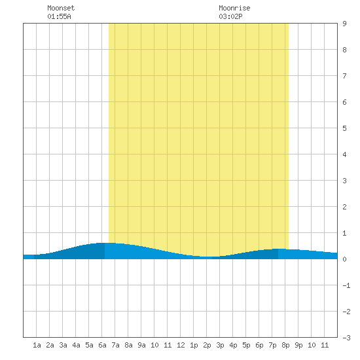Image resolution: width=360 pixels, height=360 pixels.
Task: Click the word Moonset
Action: tap(61, 8)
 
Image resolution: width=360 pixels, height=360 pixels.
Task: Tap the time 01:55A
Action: tap(59, 16)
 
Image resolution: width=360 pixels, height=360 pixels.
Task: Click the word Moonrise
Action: tap(234, 8)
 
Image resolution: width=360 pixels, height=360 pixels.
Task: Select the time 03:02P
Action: tap(230, 16)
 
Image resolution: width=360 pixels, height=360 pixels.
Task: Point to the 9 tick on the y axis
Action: tap(344, 24)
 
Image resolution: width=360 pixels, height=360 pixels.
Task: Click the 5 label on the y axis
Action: tap(344, 128)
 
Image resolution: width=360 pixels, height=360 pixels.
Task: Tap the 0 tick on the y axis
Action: tap(344, 259)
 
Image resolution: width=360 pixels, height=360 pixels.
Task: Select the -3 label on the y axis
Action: tap(346, 338)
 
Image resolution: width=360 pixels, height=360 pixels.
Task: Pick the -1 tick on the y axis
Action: tap(346, 285)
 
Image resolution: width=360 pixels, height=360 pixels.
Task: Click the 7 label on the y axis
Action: tap(344, 76)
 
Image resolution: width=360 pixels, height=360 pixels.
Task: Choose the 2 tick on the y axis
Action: tap(344, 207)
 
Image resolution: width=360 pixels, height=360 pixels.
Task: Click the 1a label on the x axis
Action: tap(37, 345)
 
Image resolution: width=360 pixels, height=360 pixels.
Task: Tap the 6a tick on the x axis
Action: tap(102, 345)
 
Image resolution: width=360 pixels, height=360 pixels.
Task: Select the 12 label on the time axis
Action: tap(181, 345)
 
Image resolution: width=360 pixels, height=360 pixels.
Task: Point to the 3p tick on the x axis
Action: tap(220, 345)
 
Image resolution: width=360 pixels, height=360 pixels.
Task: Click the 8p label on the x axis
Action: tap(285, 345)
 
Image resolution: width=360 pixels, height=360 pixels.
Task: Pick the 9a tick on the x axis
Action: tap(141, 345)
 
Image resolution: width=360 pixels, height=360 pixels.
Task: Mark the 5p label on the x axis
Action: tap(246, 345)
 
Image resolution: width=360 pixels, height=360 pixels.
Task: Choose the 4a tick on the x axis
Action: tap(76, 345)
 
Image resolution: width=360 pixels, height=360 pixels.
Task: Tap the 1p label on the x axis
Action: tap(194, 345)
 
